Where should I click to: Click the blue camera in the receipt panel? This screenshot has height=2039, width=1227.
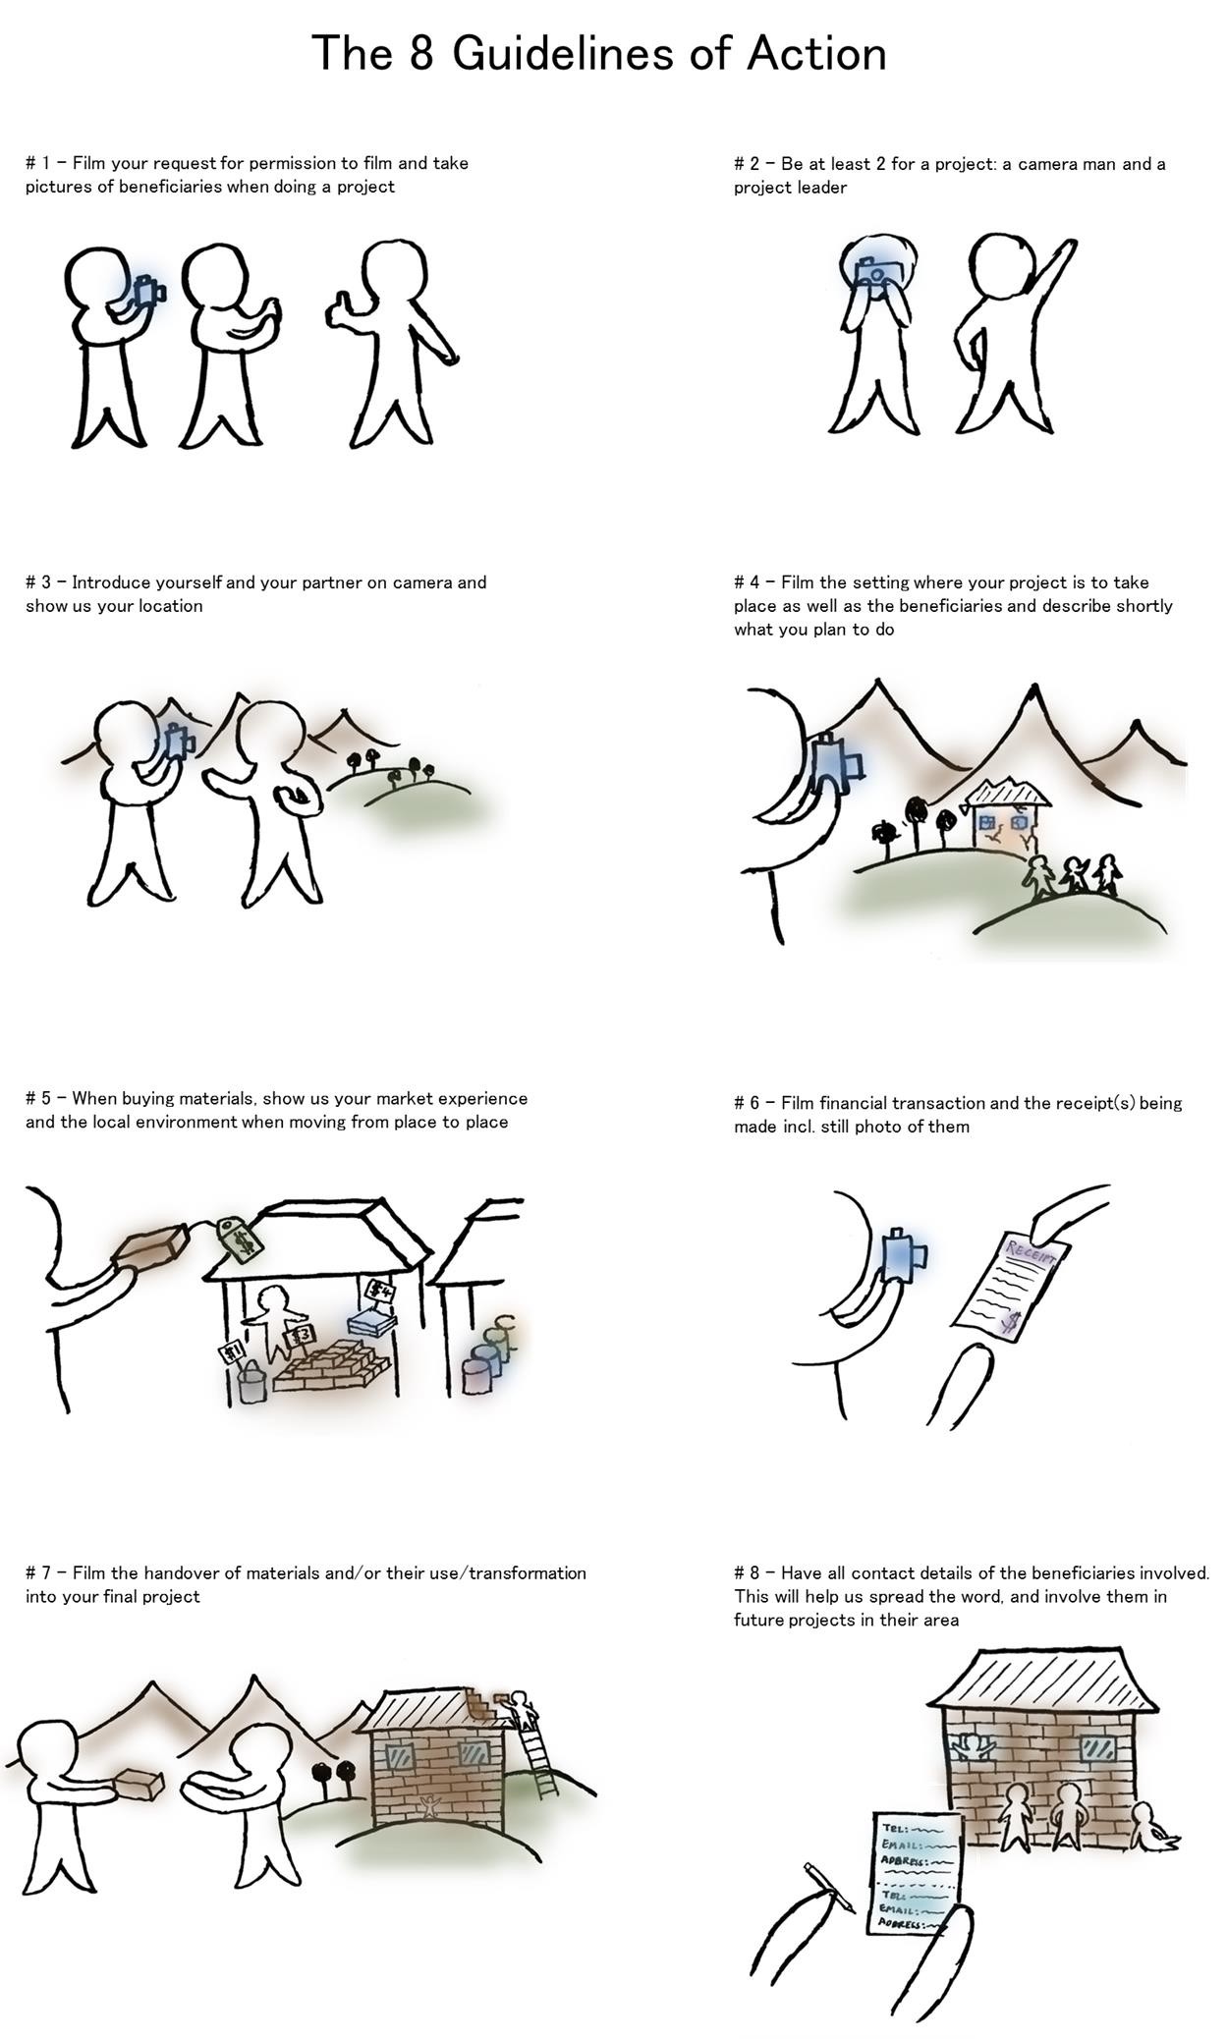click(904, 1254)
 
